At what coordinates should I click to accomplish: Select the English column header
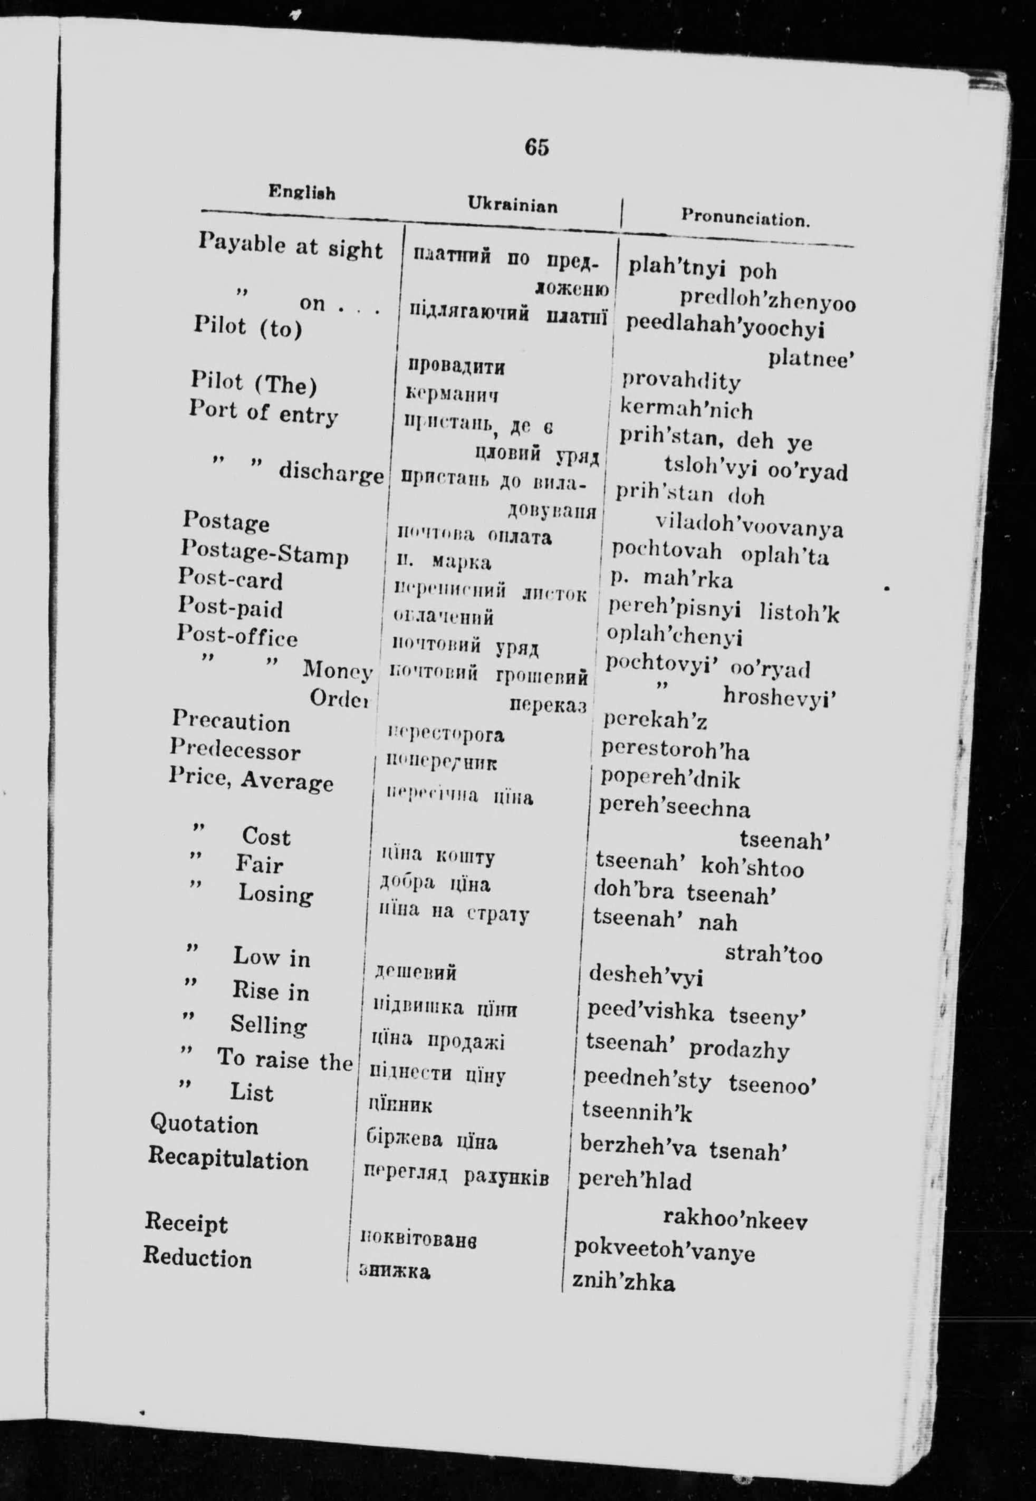tap(302, 192)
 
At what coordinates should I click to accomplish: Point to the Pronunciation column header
tap(745, 217)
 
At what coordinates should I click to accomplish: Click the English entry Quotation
tap(204, 1124)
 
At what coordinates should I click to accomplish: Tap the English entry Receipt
tap(186, 1223)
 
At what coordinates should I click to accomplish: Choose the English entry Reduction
tap(197, 1258)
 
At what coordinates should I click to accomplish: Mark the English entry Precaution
tap(231, 721)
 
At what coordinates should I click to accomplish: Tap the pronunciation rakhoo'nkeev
tap(735, 1221)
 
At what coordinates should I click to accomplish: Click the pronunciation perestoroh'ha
tap(675, 751)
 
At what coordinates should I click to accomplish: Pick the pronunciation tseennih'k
tap(637, 1112)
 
